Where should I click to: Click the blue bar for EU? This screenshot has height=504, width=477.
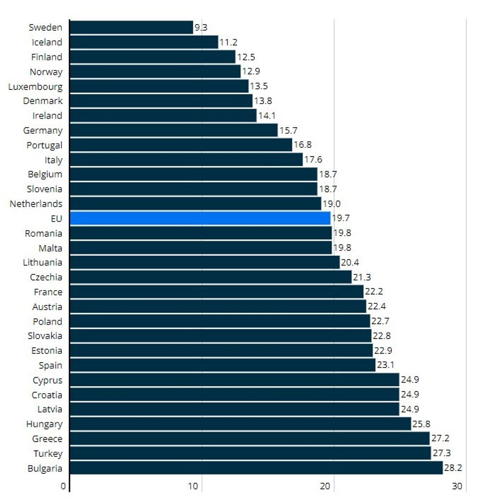[200, 218]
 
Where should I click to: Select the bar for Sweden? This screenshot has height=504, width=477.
[131, 27]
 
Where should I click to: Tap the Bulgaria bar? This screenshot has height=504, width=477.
[256, 468]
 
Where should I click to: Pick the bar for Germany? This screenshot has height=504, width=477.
[174, 130]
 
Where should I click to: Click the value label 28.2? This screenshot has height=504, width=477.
[453, 468]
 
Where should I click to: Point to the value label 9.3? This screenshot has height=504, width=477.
[201, 28]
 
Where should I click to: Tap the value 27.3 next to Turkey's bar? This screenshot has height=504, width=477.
[441, 453]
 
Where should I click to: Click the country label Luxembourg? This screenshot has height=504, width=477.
[35, 87]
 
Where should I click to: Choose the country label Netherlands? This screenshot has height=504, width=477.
[36, 204]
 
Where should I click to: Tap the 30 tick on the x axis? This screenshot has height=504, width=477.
[458, 486]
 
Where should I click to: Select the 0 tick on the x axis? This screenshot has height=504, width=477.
[63, 486]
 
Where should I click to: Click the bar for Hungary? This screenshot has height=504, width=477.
[240, 424]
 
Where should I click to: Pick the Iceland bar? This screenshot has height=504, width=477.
[144, 42]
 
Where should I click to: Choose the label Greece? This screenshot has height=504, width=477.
[47, 439]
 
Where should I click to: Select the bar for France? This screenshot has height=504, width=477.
[217, 292]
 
